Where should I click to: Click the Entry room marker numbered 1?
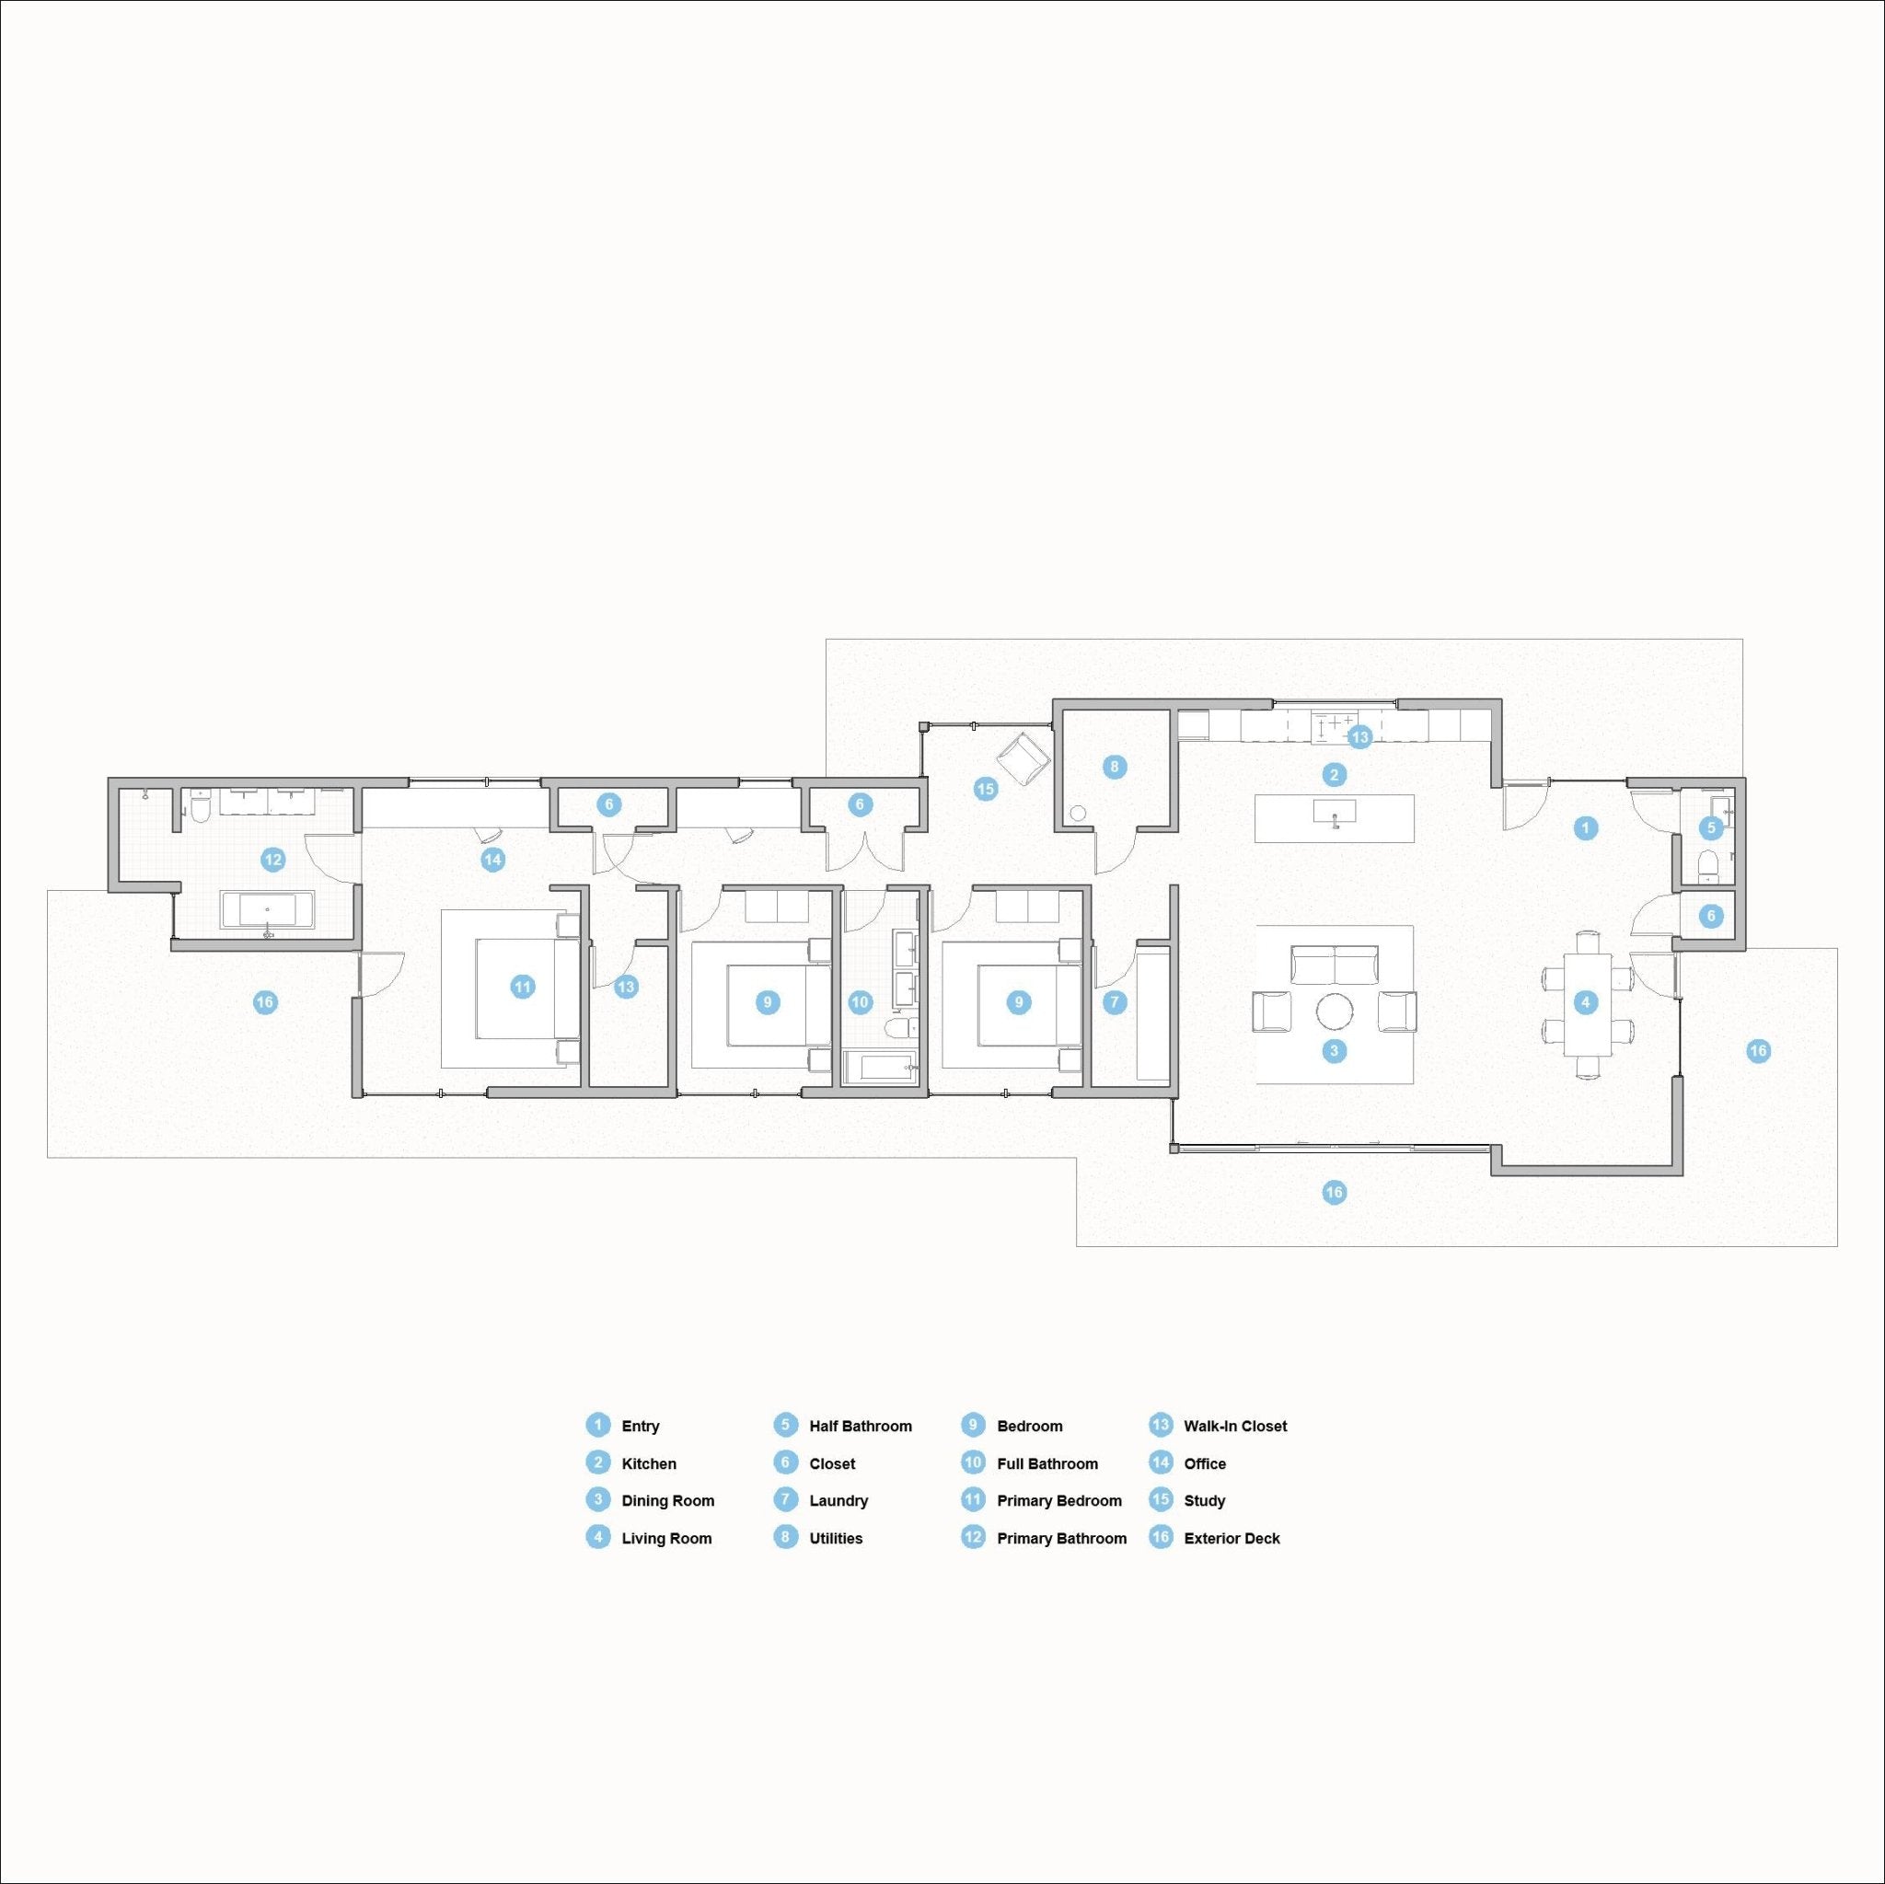[x=1586, y=828]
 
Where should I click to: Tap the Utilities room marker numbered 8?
[x=1115, y=766]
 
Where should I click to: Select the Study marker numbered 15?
[x=986, y=789]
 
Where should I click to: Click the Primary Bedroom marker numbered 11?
[x=523, y=987]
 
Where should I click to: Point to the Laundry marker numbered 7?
[x=1114, y=1001]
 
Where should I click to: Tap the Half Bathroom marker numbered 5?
[x=1710, y=827]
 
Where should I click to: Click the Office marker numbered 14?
[x=492, y=859]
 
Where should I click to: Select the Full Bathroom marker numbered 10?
[x=860, y=1001]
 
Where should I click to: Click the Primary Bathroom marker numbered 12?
[x=272, y=859]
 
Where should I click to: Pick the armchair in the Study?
[x=1023, y=757]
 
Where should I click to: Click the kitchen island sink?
[x=1335, y=812]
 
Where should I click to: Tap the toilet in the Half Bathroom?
[x=1707, y=863]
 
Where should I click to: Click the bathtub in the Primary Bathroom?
[x=267, y=908]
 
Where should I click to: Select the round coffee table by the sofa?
[x=1335, y=1010]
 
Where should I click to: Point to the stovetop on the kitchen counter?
[x=1334, y=725]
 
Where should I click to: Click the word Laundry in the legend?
[x=838, y=1500]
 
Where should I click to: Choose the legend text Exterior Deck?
[x=1232, y=1538]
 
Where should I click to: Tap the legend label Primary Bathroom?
[x=1061, y=1538]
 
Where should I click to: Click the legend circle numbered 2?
[x=597, y=1462]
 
